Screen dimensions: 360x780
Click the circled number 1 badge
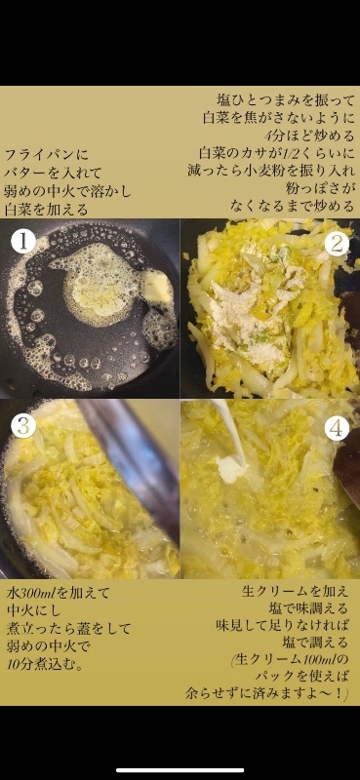point(22,243)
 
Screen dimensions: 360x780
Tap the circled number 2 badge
point(337,244)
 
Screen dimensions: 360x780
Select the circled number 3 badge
point(22,425)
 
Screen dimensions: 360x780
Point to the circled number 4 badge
point(337,428)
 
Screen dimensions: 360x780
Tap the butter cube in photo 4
point(230,469)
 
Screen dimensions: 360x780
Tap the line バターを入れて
point(54,173)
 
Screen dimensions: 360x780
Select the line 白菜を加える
point(46,209)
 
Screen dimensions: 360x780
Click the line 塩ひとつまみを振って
point(286,100)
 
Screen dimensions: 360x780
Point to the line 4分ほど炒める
point(309,136)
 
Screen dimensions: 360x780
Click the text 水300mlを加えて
point(59,593)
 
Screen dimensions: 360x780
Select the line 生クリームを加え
point(295,592)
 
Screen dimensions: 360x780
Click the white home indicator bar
point(180,770)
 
